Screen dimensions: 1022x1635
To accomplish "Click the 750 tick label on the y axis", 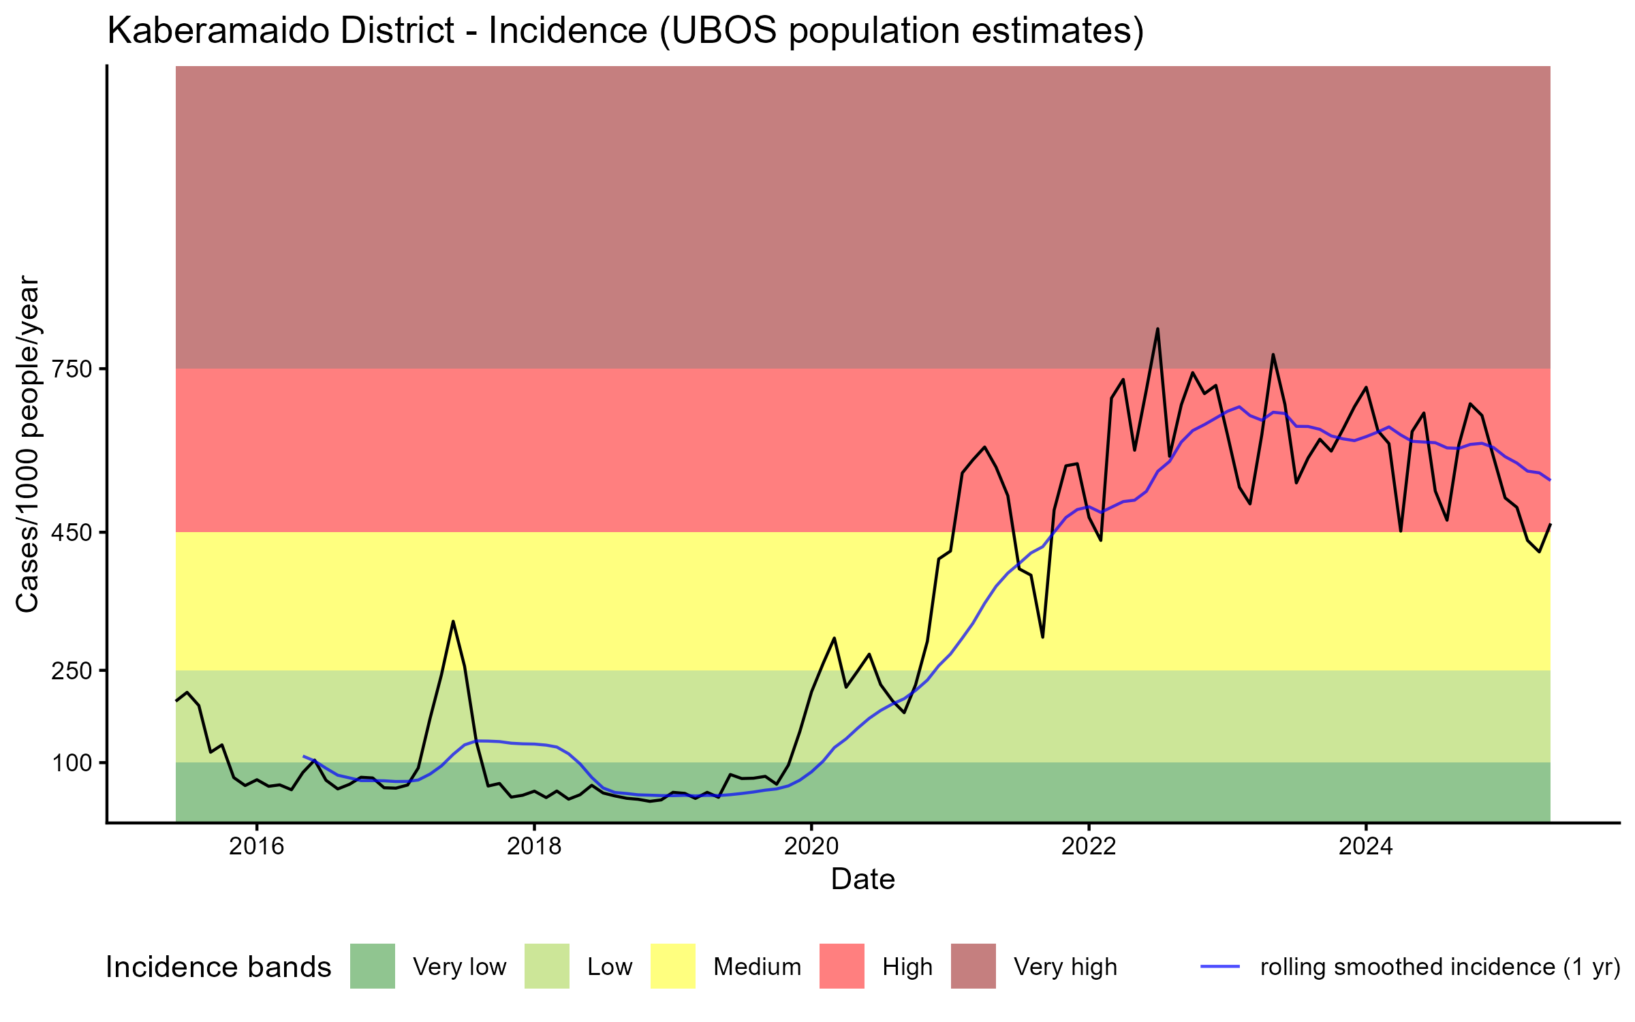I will coord(72,369).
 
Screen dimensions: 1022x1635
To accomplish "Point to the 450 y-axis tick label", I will coord(72,533).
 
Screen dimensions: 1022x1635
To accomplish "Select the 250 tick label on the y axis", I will coord(72,671).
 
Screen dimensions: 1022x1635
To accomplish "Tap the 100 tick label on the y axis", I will coord(72,763).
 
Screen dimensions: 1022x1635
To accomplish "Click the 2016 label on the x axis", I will coord(256,846).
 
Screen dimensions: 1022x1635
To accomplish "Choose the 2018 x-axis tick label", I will coord(534,846).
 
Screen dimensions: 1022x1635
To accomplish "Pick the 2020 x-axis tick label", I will coord(811,846).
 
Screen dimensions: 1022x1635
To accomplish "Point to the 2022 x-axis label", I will coord(1089,846).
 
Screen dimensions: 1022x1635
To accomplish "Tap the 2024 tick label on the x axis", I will coord(1366,846).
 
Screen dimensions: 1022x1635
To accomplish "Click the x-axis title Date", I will coord(862,880).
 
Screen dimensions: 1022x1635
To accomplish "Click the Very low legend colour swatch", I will coord(372,966).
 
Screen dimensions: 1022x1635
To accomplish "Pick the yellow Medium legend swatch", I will coord(673,966).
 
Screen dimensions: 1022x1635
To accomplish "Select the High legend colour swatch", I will coord(841,966).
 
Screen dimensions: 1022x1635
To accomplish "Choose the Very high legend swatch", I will coord(973,966).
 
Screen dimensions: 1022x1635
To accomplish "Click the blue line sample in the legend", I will coord(1219,966).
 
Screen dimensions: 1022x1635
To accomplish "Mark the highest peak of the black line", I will coord(1157,329).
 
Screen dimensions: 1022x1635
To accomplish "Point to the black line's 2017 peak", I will coord(452,621).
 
